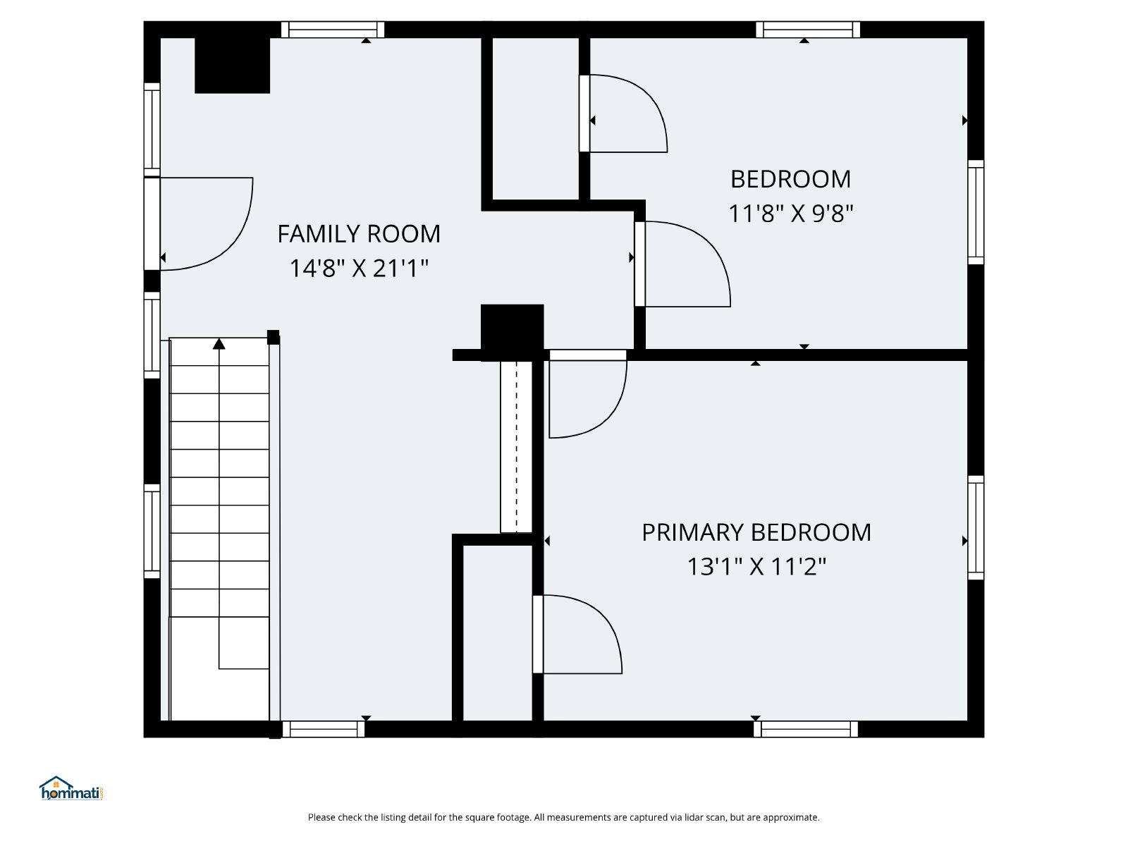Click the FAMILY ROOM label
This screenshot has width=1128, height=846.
[x=359, y=234]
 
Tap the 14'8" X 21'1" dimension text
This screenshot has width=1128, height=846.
[x=359, y=268]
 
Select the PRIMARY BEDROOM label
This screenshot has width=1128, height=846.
[x=756, y=533]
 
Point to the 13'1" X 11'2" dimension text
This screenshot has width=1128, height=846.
[x=756, y=567]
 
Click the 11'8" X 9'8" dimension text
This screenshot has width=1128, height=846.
[x=790, y=213]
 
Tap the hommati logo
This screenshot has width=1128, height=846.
[x=71, y=788]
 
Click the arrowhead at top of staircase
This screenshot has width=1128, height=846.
[x=219, y=343]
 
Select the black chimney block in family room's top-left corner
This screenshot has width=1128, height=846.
[x=232, y=66]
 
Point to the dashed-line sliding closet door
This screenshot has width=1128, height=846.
[x=517, y=446]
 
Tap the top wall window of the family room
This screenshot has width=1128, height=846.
[x=333, y=30]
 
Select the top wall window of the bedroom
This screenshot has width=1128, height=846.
[x=808, y=30]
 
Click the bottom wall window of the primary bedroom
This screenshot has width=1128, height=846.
[x=806, y=729]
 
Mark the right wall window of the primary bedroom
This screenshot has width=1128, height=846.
[x=976, y=527]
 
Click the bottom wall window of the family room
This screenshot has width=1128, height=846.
[x=323, y=729]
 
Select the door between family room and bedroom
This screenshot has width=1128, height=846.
[x=640, y=264]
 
